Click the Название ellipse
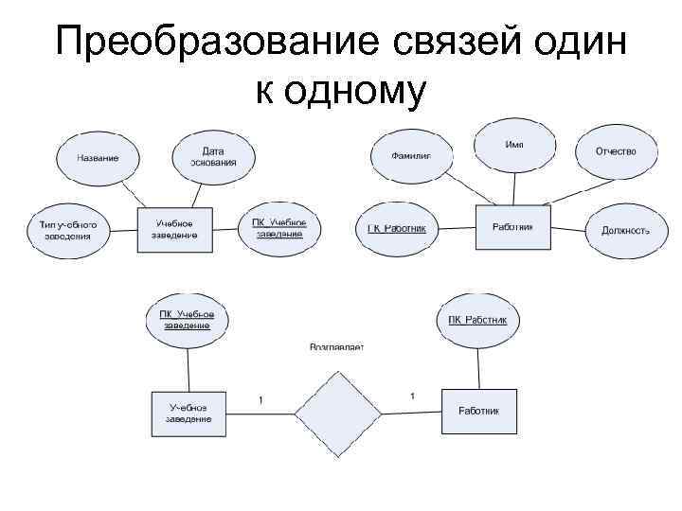coord(99,157)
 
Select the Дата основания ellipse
coord(213,156)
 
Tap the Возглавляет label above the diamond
coord(336,347)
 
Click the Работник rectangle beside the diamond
coord(479,411)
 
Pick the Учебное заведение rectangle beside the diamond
coord(188,413)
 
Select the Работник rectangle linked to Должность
coord(512,227)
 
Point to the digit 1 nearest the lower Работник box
coord(412,395)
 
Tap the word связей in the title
coord(454,44)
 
